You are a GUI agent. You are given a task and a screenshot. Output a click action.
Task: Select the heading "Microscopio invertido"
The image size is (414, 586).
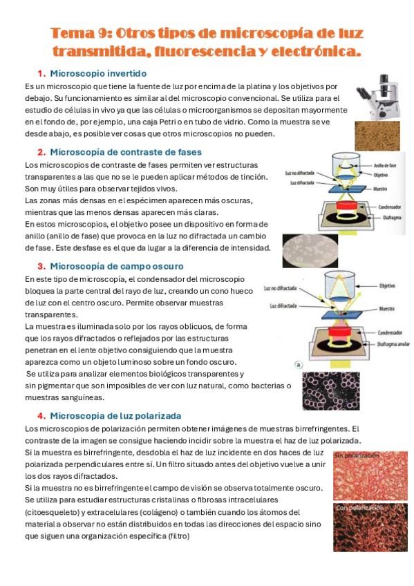(x=98, y=73)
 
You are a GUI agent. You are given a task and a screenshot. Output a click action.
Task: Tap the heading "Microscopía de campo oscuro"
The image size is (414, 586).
(x=117, y=266)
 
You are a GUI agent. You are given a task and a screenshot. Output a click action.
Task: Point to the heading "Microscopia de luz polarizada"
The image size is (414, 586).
(x=115, y=415)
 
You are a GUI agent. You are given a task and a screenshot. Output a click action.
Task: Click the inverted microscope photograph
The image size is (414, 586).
(x=378, y=97)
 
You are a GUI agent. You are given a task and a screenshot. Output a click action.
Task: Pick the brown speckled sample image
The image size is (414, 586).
(x=377, y=135)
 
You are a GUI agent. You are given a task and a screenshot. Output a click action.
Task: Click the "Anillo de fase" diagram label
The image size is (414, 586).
(x=385, y=165)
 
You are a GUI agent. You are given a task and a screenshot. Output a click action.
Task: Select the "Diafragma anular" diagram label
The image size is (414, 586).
(x=393, y=344)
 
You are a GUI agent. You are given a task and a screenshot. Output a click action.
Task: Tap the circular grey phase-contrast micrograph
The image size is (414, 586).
(x=310, y=250)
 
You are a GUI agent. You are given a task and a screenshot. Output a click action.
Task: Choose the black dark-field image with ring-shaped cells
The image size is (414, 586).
(x=331, y=391)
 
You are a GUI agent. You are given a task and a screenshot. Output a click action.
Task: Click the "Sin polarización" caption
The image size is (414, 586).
(x=357, y=455)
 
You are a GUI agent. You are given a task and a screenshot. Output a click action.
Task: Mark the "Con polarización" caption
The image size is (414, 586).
(x=359, y=507)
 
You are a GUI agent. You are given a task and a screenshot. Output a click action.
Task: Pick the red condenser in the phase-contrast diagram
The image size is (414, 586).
(x=347, y=205)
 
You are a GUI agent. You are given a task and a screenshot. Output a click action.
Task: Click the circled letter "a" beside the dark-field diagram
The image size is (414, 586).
(x=299, y=365)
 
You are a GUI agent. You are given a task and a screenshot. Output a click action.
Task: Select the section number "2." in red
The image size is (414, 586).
(x=41, y=152)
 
